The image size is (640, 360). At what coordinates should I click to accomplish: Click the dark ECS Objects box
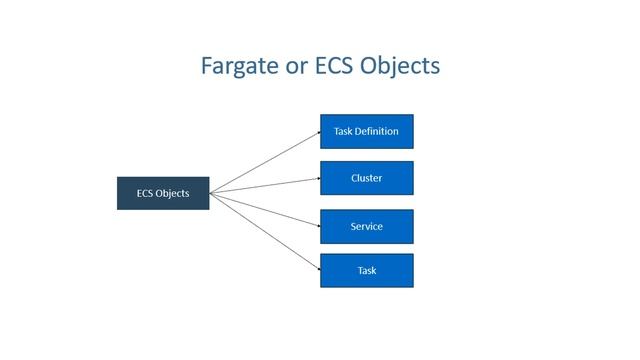click(x=163, y=193)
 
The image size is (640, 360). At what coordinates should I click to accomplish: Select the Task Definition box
click(x=366, y=131)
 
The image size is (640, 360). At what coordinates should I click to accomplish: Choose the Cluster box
click(x=366, y=178)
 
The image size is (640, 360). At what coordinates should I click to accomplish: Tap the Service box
click(x=366, y=226)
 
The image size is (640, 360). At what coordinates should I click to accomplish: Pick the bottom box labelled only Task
click(x=366, y=270)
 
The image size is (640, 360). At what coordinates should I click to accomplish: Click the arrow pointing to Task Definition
click(x=265, y=162)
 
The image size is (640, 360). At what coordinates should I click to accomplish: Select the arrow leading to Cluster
click(x=265, y=186)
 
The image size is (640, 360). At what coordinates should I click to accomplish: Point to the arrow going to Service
click(x=265, y=209)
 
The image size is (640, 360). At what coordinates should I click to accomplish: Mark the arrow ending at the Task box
click(x=265, y=231)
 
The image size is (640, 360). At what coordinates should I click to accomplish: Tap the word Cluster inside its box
click(x=366, y=178)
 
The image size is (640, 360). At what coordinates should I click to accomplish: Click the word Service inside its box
click(x=366, y=226)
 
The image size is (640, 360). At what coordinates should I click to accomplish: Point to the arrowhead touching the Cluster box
click(x=316, y=179)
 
